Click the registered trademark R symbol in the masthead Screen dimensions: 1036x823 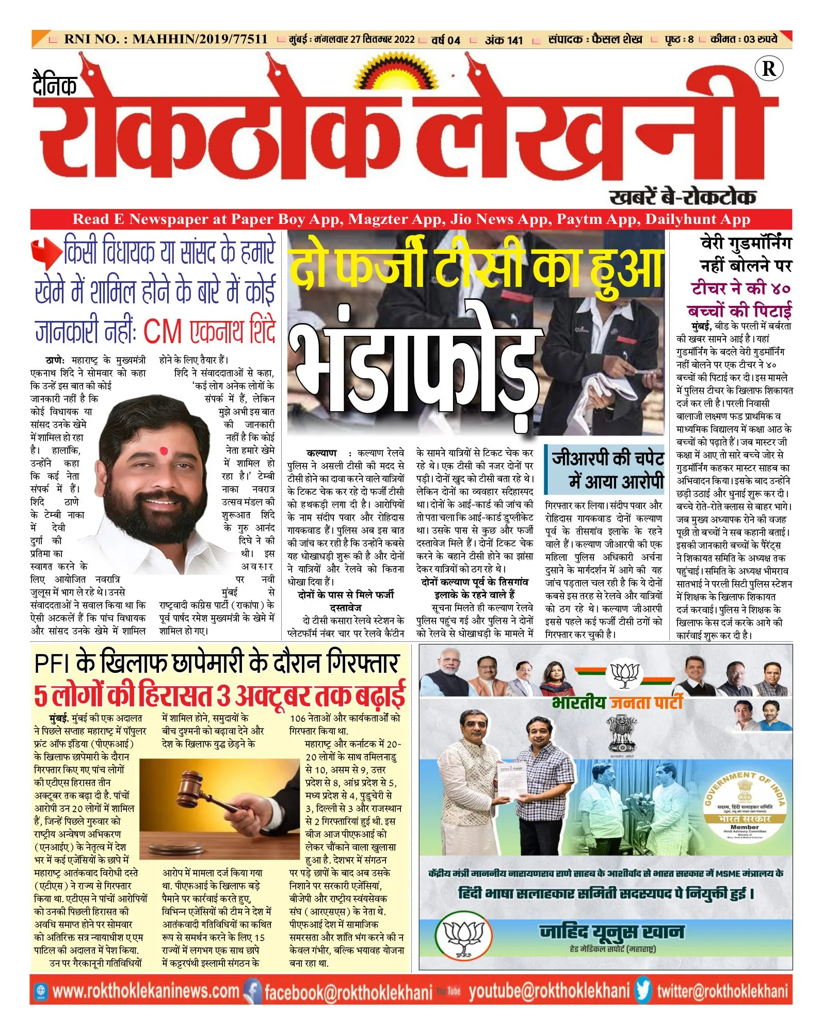coord(768,69)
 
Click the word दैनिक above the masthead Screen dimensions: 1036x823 coord(55,85)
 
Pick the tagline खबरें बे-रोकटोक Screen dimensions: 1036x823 coord(683,197)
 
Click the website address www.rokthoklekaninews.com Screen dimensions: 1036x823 coord(146,991)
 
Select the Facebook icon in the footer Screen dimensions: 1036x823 coord(252,991)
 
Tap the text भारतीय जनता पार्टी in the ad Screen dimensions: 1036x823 coord(617,702)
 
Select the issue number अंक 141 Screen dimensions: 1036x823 coord(504,40)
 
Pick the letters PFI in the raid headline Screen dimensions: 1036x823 coord(54,664)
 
